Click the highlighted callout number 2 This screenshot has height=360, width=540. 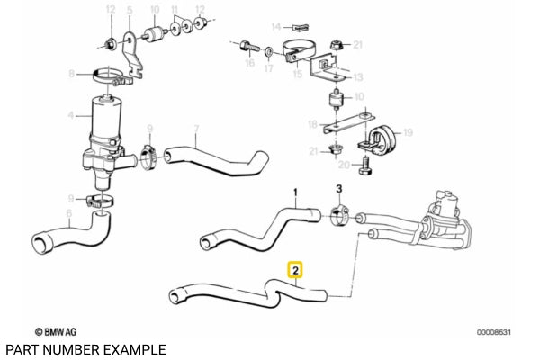pyautogui.click(x=294, y=268)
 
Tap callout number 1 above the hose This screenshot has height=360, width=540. pyautogui.click(x=293, y=190)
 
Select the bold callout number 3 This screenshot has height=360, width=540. pyautogui.click(x=339, y=189)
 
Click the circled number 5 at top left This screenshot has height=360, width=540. pyautogui.click(x=130, y=11)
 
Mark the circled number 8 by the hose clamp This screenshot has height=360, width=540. pyautogui.click(x=73, y=74)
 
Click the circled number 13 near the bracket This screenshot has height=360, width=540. pyautogui.click(x=357, y=77)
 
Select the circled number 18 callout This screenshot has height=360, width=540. pyautogui.click(x=312, y=123)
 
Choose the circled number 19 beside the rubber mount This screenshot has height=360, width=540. pyautogui.click(x=407, y=132)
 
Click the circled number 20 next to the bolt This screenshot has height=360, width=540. pyautogui.click(x=344, y=166)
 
